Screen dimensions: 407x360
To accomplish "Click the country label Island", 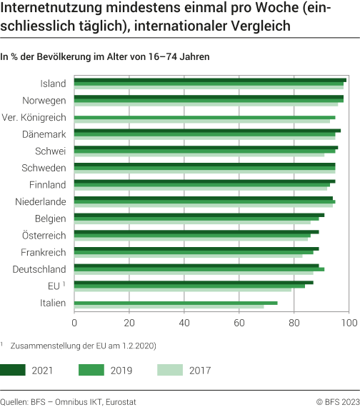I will tap(53, 84).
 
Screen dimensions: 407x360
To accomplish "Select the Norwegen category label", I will tap(44, 100).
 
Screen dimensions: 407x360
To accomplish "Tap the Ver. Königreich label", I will tap(34, 117).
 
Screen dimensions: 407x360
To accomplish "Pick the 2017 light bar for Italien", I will tap(169, 306).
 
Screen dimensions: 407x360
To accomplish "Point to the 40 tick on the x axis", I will tap(184, 323).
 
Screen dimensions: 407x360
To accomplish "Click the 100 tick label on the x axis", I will tap(349, 323).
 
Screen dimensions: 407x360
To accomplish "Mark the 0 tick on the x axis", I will tap(74, 323).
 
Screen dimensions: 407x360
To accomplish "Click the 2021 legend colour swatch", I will tap(14, 370).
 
